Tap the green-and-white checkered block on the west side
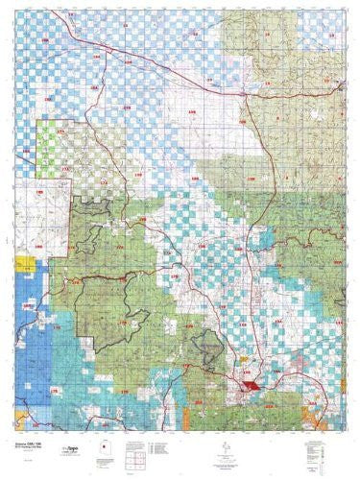pos(50,155)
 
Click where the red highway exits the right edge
pos(342,84)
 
